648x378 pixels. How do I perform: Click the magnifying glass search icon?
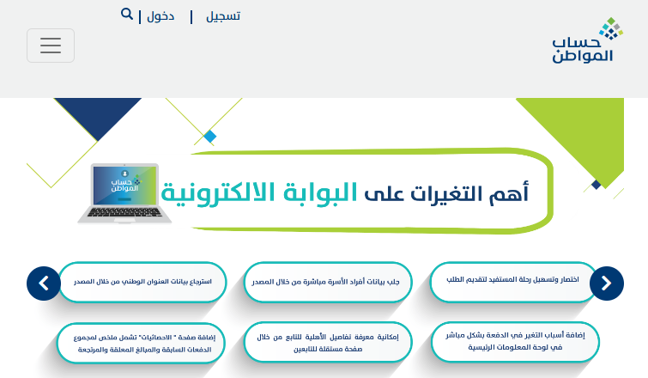[127, 14]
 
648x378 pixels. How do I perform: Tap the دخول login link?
[160, 16]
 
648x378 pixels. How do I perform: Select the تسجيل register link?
[223, 16]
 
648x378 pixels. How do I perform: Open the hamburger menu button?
[51, 46]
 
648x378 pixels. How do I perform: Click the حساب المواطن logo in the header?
[587, 40]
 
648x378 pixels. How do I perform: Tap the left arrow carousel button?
[44, 283]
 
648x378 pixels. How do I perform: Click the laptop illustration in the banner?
[124, 193]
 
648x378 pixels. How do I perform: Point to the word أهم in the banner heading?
[509, 193]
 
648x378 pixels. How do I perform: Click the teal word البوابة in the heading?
[320, 192]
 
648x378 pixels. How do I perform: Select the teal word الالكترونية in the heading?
[218, 193]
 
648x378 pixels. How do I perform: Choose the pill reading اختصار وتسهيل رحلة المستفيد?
[512, 282]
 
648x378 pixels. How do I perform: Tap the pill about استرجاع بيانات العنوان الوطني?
[142, 282]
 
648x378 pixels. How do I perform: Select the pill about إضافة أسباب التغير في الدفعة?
[515, 342]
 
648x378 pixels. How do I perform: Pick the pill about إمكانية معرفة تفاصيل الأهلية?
[328, 343]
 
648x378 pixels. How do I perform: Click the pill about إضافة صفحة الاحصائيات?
[141, 344]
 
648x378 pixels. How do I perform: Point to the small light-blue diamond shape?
[210, 137]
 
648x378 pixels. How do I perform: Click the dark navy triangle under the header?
[98, 113]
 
